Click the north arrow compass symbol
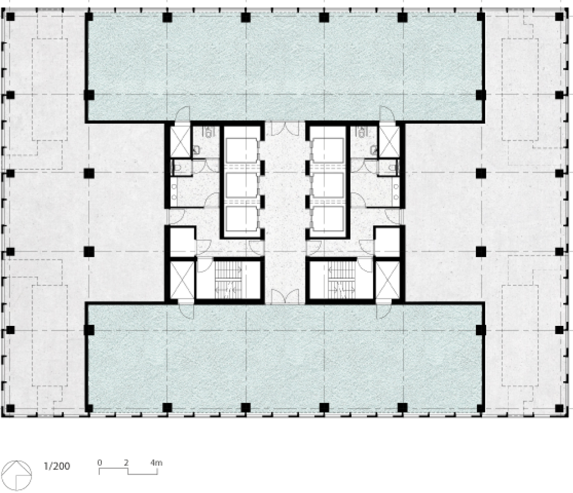click(x=16, y=475)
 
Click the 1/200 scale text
click(x=57, y=466)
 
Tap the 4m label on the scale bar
click(x=156, y=463)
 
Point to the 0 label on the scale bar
click(x=99, y=463)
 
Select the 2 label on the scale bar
click(x=127, y=463)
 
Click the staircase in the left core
click(x=228, y=280)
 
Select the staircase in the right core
click(x=341, y=280)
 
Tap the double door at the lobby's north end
click(x=285, y=129)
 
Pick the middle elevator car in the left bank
click(x=242, y=185)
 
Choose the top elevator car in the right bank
click(x=328, y=150)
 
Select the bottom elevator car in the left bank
click(x=242, y=219)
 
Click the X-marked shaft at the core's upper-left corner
click(x=180, y=141)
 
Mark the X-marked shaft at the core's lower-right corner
click(x=388, y=280)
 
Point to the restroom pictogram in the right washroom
click(x=361, y=132)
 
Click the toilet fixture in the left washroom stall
click(x=178, y=167)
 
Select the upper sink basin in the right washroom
click(x=396, y=186)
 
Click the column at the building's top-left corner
click(x=10, y=17)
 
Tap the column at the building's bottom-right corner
click(x=559, y=408)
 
